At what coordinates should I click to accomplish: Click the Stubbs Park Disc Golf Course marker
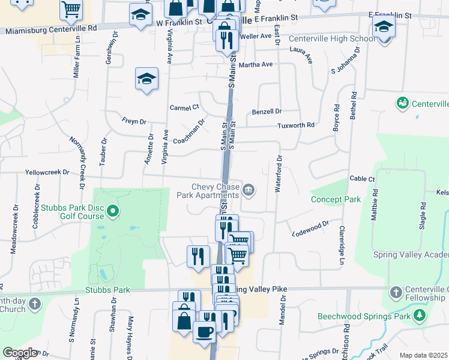tap(116, 211)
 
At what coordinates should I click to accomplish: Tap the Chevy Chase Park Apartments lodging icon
tap(249, 191)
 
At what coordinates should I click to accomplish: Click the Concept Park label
tap(335, 199)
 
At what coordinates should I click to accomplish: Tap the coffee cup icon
tap(204, 331)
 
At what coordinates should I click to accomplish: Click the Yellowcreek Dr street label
tap(47, 172)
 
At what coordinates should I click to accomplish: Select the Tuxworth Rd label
tap(296, 125)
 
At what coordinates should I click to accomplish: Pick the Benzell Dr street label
tap(267, 112)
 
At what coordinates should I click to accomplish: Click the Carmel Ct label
tap(184, 107)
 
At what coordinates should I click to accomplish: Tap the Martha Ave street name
tap(256, 64)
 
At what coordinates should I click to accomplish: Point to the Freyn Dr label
tap(134, 121)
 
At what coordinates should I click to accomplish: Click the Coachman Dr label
tap(189, 131)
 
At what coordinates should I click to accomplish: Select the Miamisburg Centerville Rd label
tap(50, 28)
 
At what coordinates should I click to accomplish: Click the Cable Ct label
tap(362, 179)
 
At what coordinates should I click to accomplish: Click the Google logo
tap(20, 353)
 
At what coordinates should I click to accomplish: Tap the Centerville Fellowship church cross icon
tap(396, 293)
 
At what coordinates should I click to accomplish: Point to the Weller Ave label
tap(256, 36)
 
